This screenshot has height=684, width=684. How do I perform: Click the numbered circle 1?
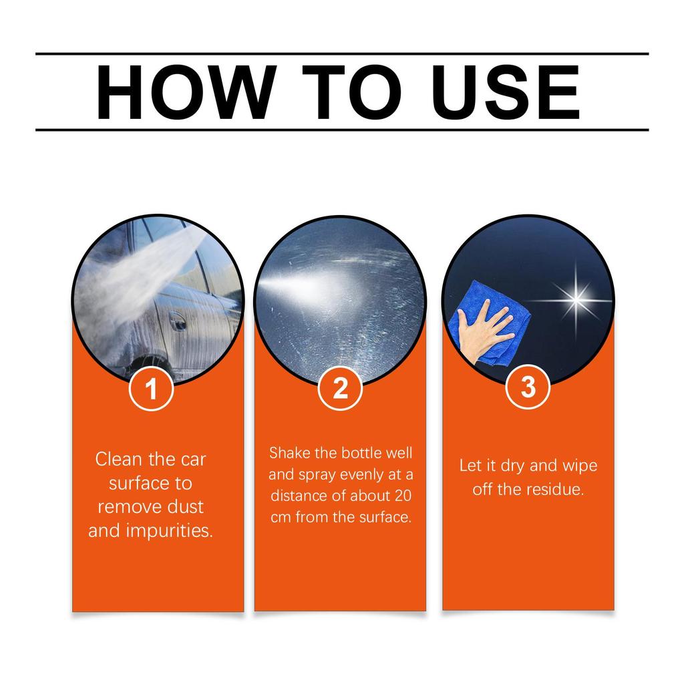click(152, 388)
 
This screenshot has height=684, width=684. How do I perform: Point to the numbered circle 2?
click(340, 388)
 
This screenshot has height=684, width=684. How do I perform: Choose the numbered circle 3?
click(528, 387)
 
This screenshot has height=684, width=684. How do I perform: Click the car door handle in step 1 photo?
click(176, 319)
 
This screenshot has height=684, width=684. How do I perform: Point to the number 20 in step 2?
click(402, 496)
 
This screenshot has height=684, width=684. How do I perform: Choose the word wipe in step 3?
click(580, 465)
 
